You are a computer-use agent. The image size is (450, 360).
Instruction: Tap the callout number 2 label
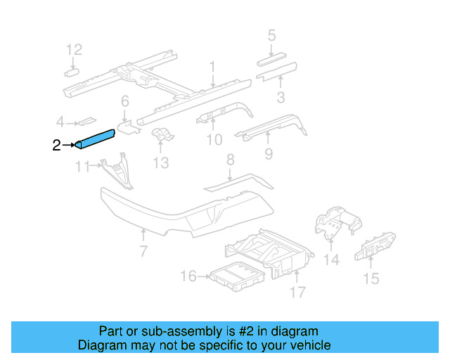click(x=57, y=146)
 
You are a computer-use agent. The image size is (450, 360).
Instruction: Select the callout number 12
click(x=74, y=49)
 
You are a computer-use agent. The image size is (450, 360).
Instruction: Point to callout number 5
click(x=271, y=34)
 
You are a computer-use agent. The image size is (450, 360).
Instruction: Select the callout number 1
click(x=212, y=67)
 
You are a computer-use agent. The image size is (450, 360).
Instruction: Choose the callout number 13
click(x=161, y=163)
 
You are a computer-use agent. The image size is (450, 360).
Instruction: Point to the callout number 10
click(x=214, y=140)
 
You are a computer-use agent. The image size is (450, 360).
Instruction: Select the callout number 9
click(x=268, y=153)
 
